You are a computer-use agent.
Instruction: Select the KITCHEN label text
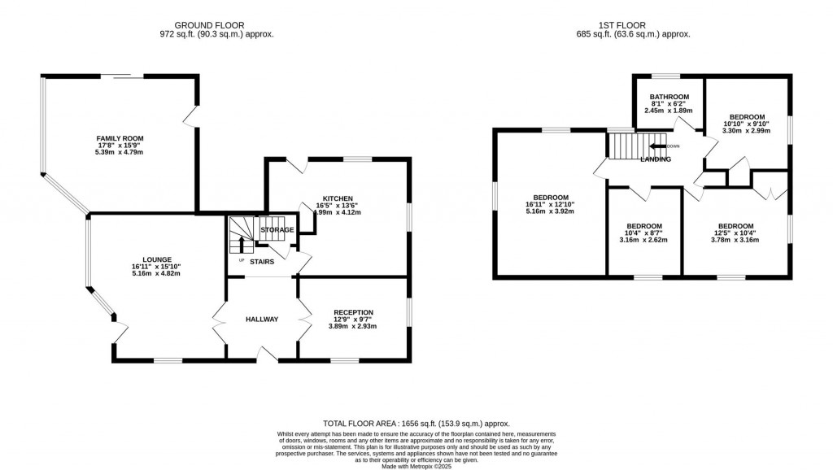338,198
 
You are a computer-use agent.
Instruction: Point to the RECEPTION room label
353,311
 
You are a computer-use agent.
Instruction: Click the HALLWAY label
262,320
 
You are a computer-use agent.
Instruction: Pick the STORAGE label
277,231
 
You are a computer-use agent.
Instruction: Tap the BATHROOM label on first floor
669,97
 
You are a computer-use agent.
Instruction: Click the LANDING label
656,159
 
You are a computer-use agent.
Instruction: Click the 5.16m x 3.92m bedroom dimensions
551,211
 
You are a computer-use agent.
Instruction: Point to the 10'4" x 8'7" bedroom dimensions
643,233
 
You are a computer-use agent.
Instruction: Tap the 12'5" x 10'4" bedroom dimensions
735,233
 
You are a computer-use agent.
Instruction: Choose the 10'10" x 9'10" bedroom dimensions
746,124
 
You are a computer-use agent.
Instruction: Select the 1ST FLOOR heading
630,25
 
